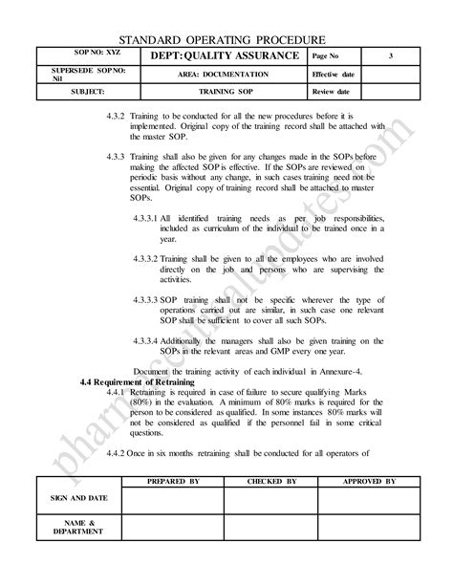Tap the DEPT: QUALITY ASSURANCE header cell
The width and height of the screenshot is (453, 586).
coord(215,57)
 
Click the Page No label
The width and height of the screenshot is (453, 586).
coord(329,57)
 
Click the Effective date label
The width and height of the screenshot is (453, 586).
coord(334,75)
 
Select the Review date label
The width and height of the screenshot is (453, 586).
coord(331,93)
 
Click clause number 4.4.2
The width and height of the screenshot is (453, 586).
coord(119,452)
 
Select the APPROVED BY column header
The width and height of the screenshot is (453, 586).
coord(368,482)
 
